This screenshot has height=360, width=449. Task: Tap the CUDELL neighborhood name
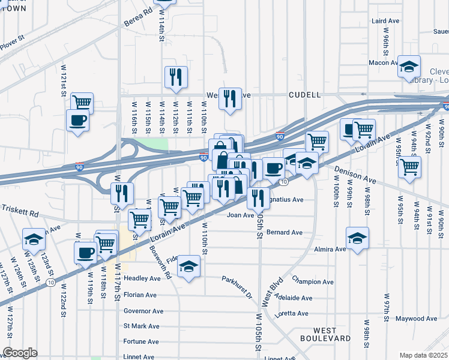pyautogui.click(x=304, y=95)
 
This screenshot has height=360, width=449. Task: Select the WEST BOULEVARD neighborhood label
pyautogui.click(x=332, y=334)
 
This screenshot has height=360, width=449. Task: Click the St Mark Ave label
pyautogui.click(x=141, y=326)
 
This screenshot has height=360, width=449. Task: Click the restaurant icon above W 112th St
pyautogui.click(x=176, y=77)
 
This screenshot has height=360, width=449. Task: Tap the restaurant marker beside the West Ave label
pyautogui.click(x=230, y=98)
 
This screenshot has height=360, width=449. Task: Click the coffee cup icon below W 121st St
pyautogui.click(x=77, y=120)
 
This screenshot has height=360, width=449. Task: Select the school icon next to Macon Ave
pyautogui.click(x=409, y=67)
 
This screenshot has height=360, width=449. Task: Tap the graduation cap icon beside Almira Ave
pyautogui.click(x=357, y=238)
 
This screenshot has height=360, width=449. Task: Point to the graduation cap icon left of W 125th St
pyautogui.click(x=34, y=239)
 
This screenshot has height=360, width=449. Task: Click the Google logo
pyautogui.click(x=20, y=353)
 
